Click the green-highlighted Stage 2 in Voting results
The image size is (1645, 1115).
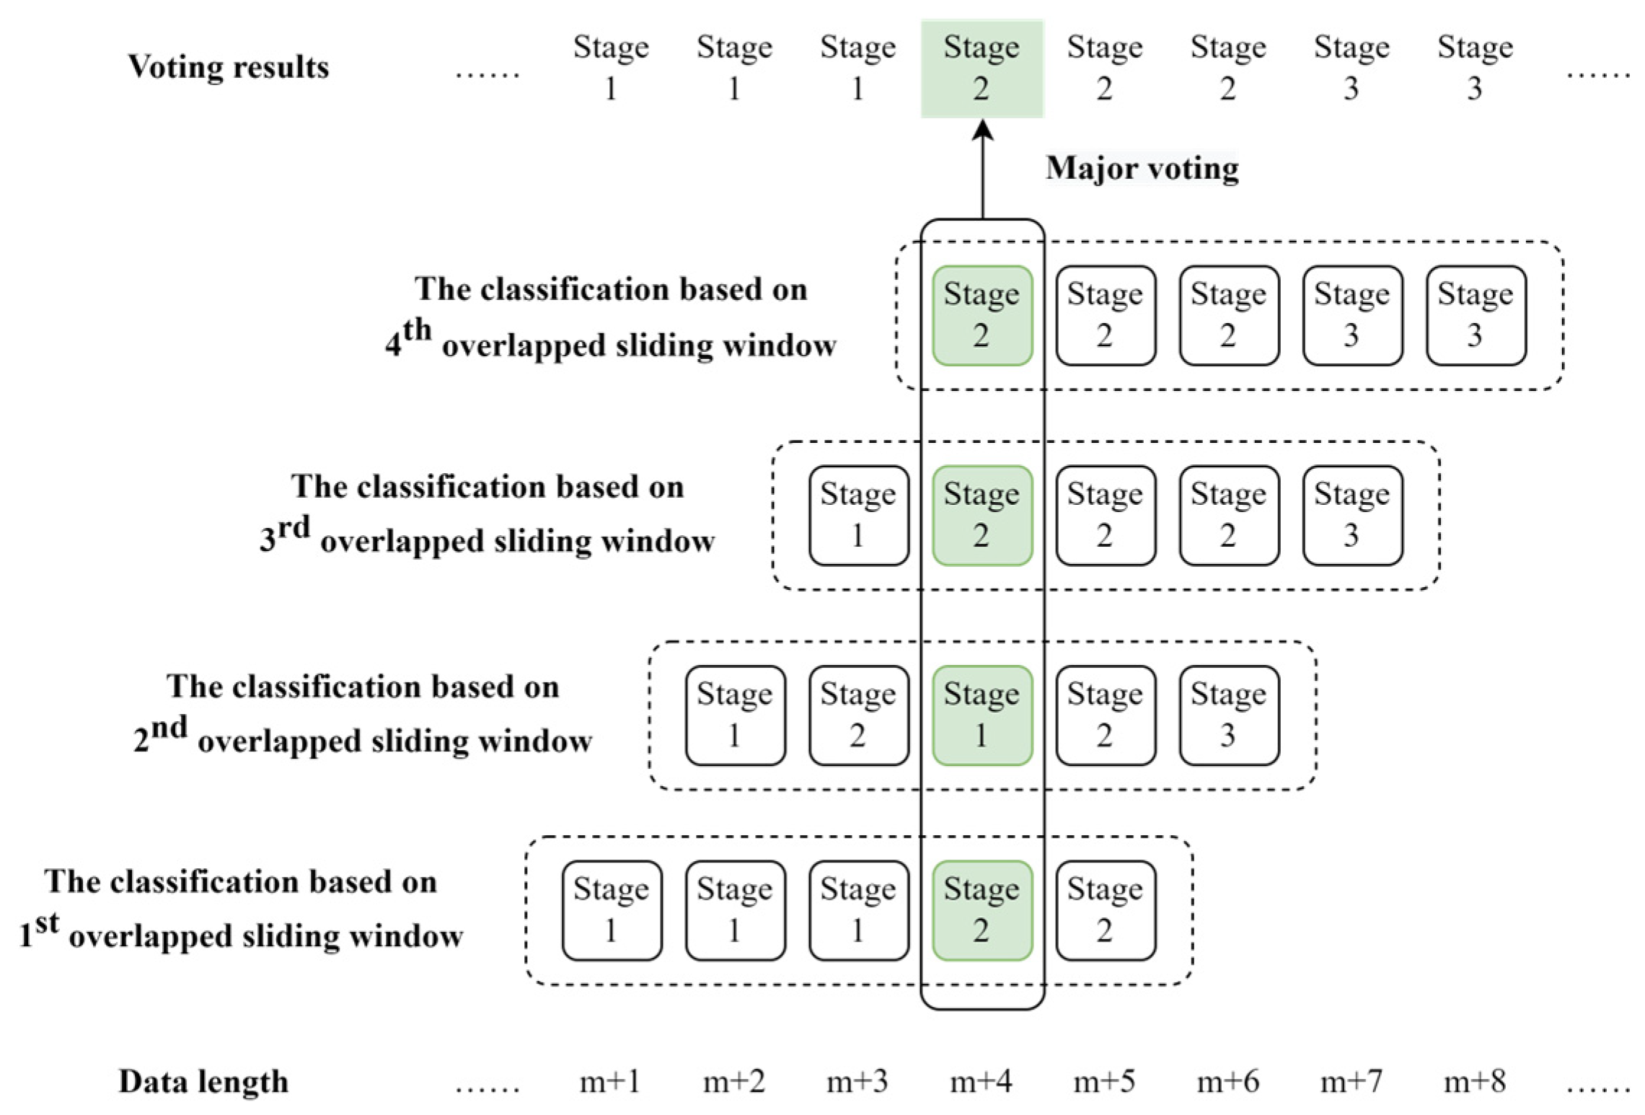pyautogui.click(x=982, y=68)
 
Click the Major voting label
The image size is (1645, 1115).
pyautogui.click(x=1142, y=168)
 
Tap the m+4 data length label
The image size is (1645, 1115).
pyautogui.click(x=981, y=1081)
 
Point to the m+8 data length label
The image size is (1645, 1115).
pyautogui.click(x=1475, y=1081)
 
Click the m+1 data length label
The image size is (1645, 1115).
pyautogui.click(x=610, y=1081)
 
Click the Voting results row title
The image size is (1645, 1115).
pyautogui.click(x=228, y=67)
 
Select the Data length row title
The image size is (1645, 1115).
pyautogui.click(x=203, y=1081)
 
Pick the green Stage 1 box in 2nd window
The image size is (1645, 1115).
pyautogui.click(x=982, y=715)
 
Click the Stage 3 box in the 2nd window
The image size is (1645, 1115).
pyautogui.click(x=1229, y=715)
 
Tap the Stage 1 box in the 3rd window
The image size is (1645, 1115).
pyautogui.click(x=858, y=515)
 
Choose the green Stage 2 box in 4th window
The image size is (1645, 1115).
pyautogui.click(x=982, y=315)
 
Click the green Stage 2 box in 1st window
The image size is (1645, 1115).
pyautogui.click(x=982, y=910)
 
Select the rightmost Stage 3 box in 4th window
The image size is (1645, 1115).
pyautogui.click(x=1476, y=315)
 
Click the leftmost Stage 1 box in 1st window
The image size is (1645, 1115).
pyautogui.click(x=612, y=910)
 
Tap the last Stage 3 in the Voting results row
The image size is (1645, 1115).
pyautogui.click(x=1475, y=68)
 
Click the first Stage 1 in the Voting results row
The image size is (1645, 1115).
pyautogui.click(x=611, y=68)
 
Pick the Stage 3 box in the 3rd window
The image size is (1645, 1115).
pyautogui.click(x=1352, y=515)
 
